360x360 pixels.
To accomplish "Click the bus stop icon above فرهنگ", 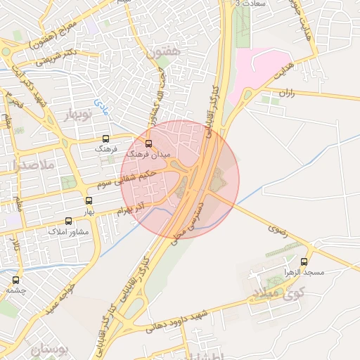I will click(106, 139).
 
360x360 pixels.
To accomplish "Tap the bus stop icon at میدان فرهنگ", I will click(148, 143).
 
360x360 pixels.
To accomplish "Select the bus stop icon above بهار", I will click(88, 201).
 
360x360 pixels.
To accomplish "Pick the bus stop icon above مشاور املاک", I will click(66, 221).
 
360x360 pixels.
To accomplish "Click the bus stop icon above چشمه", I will click(15, 280).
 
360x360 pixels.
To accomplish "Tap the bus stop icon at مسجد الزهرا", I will click(307, 261).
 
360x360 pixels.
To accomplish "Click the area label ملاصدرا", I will click(29, 165).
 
